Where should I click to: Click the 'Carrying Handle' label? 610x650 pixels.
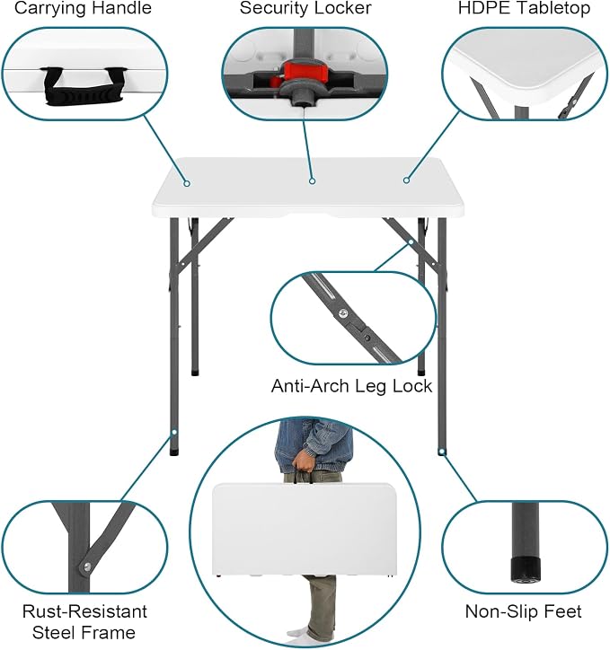pos(83,8)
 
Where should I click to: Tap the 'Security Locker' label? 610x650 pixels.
pos(305,8)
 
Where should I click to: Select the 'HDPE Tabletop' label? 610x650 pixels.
pos(524,8)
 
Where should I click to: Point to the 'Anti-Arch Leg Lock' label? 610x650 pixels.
pos(351,386)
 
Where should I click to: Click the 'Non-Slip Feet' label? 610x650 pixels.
pos(524,611)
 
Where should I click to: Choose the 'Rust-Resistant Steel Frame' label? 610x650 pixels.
pos(84,622)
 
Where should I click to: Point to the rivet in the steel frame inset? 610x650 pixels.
pos(87,566)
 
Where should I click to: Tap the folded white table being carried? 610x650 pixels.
pos(304,530)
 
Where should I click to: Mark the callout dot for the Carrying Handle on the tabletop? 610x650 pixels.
pos(187,183)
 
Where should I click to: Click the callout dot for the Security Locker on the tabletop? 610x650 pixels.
pos(313,180)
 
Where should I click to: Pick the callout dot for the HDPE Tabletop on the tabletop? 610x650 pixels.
pos(406,180)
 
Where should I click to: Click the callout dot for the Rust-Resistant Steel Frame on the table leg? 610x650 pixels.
pos(174,432)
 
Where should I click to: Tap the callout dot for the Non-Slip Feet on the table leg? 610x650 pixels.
pos(443,452)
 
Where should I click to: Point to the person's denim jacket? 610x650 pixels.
pos(314,445)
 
